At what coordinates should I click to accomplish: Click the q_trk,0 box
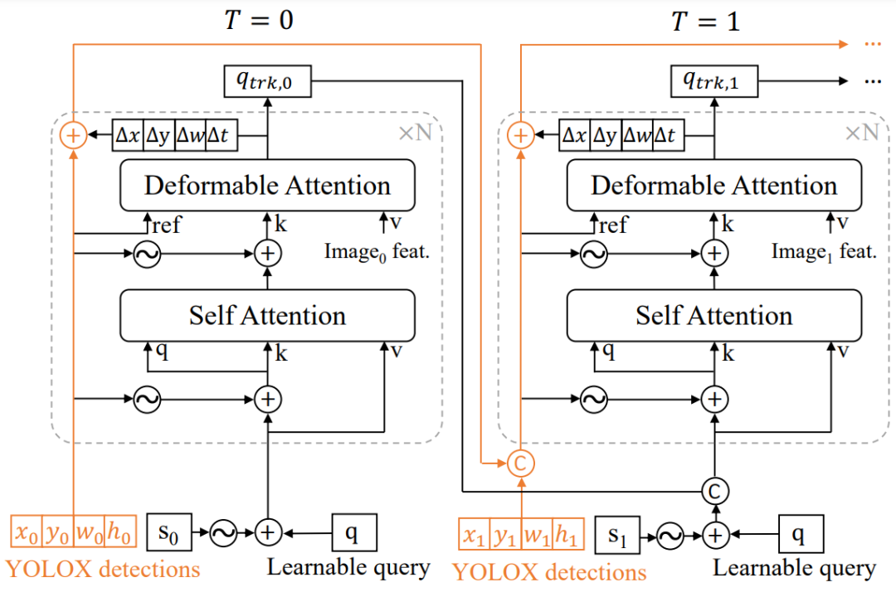267,80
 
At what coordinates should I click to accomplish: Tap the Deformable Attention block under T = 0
267,185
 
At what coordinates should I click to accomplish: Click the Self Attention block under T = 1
713,315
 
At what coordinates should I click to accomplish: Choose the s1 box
617,535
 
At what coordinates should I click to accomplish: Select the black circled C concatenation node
714,490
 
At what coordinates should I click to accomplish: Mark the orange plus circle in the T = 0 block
73,135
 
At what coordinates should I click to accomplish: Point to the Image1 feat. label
824,251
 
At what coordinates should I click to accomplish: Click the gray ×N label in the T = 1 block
861,133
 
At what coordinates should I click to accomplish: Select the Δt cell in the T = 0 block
222,135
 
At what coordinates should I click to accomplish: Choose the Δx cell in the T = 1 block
574,135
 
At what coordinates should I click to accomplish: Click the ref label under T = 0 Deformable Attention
167,225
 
